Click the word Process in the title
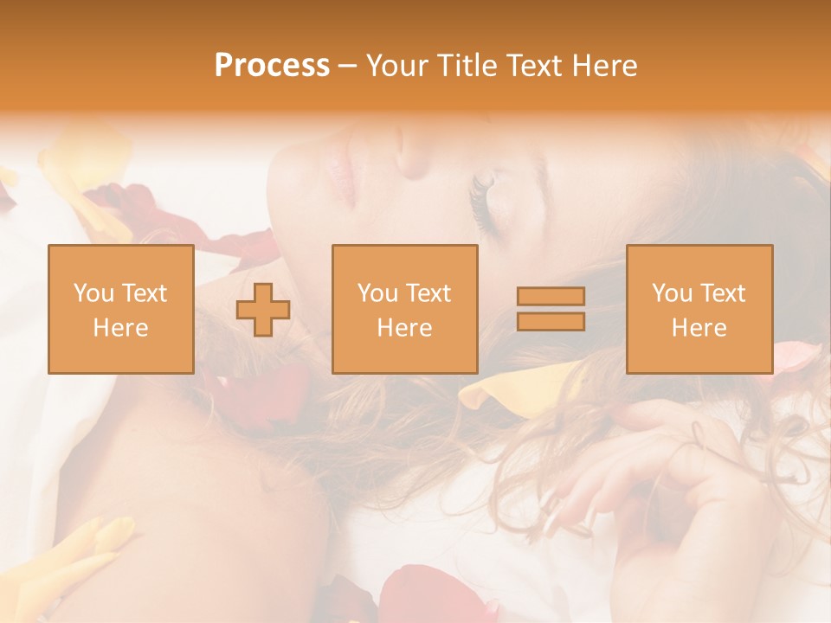(272, 66)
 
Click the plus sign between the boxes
(263, 309)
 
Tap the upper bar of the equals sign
(551, 296)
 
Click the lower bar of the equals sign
(551, 321)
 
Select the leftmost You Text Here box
(120, 309)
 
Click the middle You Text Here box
(404, 309)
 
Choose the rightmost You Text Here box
(699, 309)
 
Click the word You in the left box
(93, 293)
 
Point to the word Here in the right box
(699, 327)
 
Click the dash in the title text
(348, 66)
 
